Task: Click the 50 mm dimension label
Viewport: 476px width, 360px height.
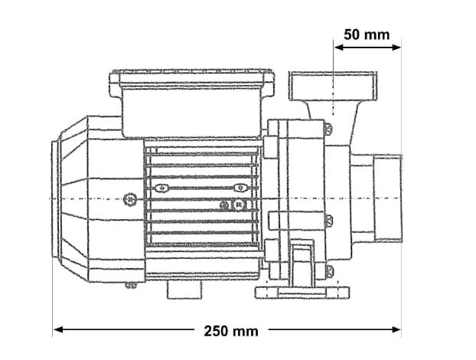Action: [x=367, y=34]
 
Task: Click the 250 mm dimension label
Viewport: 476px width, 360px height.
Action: [x=231, y=331]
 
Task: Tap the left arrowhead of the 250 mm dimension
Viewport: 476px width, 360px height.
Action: [x=58, y=329]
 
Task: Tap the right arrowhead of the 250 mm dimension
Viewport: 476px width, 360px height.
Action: [x=396, y=329]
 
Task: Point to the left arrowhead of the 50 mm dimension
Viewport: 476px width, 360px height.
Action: [x=339, y=47]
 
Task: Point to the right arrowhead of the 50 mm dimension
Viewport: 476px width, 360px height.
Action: [x=396, y=47]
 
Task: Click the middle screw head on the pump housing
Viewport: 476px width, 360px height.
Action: [x=328, y=221]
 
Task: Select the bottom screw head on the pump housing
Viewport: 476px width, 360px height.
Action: [x=328, y=270]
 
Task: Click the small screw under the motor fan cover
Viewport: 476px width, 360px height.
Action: [x=131, y=285]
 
